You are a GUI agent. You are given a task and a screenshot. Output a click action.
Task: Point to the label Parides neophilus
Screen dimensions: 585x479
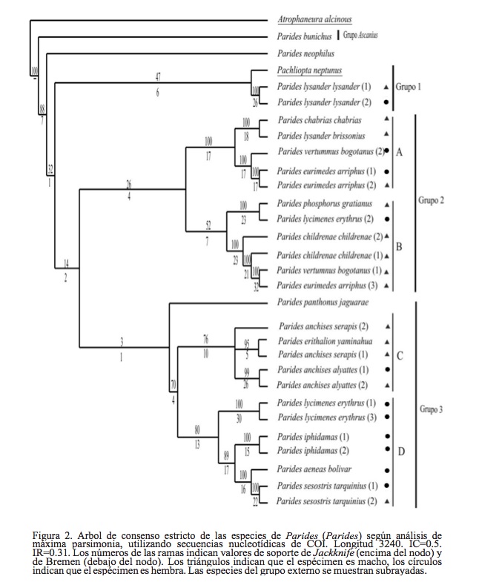pos(305,54)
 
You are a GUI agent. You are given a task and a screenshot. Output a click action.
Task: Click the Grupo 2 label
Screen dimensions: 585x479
pos(432,200)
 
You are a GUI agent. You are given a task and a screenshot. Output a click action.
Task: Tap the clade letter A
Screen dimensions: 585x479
pos(400,153)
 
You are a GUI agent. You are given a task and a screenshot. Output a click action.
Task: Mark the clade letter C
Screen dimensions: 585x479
pos(400,355)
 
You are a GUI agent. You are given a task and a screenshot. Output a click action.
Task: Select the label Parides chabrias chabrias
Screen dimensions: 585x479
pos(320,120)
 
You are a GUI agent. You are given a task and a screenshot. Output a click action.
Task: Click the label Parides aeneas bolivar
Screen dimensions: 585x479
pos(315,469)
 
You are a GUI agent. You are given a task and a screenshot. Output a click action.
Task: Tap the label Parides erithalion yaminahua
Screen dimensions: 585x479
pos(326,341)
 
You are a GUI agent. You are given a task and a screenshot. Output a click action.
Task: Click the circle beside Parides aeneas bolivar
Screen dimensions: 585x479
pos(387,469)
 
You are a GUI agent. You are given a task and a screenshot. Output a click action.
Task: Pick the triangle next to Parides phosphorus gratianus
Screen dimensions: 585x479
pos(387,203)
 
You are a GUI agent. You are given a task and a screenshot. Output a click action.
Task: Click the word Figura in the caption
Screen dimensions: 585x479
pos(47,535)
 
